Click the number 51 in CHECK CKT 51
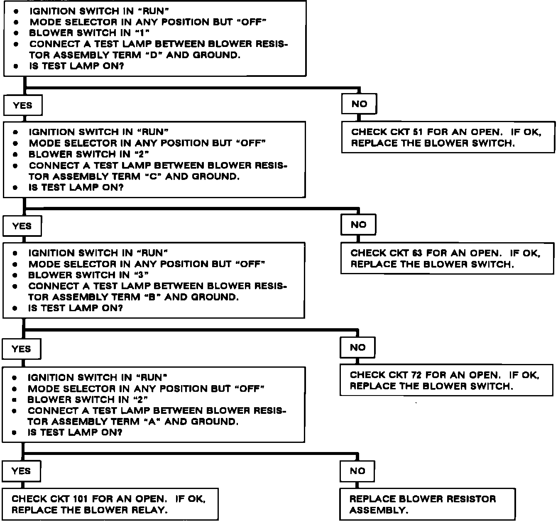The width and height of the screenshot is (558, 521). click(x=417, y=132)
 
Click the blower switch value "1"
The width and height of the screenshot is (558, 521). click(x=142, y=33)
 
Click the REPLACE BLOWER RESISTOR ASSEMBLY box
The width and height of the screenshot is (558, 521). click(x=427, y=504)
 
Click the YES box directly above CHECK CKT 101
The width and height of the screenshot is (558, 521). click(x=21, y=471)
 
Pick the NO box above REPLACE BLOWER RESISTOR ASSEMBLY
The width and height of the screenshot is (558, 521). click(x=357, y=471)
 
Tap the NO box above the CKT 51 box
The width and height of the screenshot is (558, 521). click(x=359, y=104)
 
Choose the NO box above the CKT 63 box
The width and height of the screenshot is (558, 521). click(x=358, y=225)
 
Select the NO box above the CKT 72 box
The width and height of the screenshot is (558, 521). click(x=357, y=347)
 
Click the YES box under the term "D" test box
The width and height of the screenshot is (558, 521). click(x=22, y=106)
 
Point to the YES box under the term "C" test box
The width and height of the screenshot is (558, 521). click(x=22, y=226)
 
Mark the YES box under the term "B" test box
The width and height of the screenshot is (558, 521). click(x=22, y=349)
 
